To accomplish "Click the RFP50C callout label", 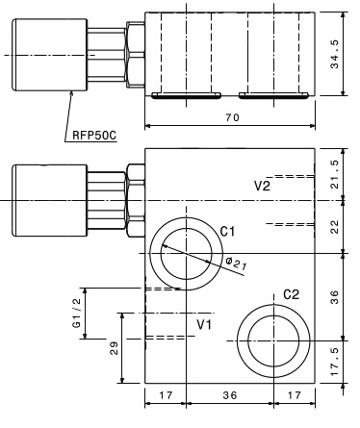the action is (x=94, y=135).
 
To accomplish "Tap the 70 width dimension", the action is (x=232, y=117).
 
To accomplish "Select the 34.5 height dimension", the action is (x=335, y=54).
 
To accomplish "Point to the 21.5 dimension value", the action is (x=335, y=174).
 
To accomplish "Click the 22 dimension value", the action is (x=335, y=227).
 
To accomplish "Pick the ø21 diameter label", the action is (x=236, y=264).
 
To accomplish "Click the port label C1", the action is (x=227, y=231).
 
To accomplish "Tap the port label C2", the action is (x=291, y=294).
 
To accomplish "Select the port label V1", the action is (x=204, y=325).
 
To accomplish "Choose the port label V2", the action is (x=262, y=186).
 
